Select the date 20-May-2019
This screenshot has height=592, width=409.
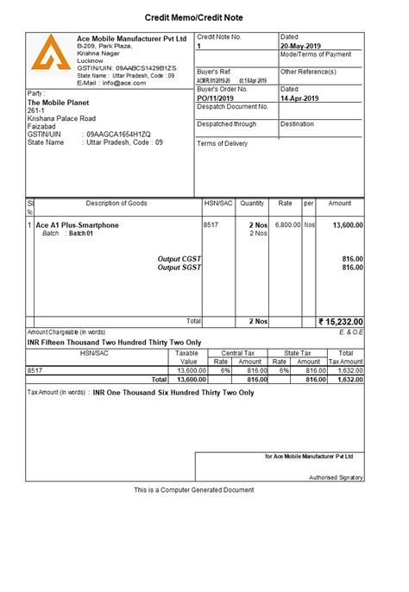tap(302, 46)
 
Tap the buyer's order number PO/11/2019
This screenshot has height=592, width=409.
tap(216, 98)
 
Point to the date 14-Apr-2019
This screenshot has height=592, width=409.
tap(301, 98)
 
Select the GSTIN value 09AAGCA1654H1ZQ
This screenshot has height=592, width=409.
tap(118, 135)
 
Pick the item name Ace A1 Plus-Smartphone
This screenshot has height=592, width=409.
tap(78, 225)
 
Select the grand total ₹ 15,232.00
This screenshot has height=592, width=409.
tap(341, 322)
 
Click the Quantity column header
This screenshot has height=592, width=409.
tap(252, 204)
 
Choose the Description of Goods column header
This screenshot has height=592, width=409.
tap(116, 204)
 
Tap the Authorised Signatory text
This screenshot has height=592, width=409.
tap(337, 477)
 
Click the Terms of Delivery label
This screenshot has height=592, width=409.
tap(223, 143)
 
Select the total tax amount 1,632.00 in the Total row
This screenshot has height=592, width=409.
tap(349, 379)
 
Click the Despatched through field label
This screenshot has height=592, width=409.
tap(227, 124)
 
